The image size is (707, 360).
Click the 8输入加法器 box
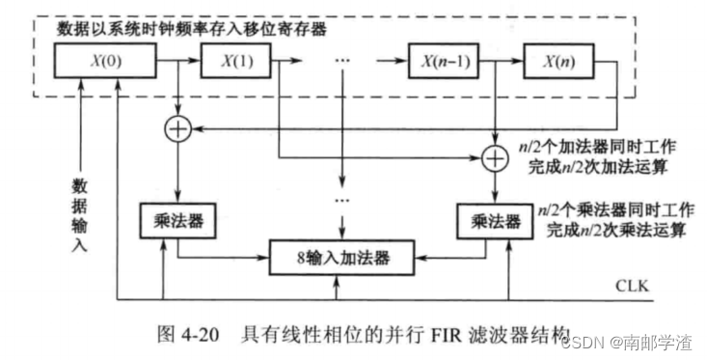334,259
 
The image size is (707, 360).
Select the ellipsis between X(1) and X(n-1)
340,62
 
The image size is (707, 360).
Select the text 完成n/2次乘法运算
604,231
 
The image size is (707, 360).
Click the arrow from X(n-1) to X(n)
503,62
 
